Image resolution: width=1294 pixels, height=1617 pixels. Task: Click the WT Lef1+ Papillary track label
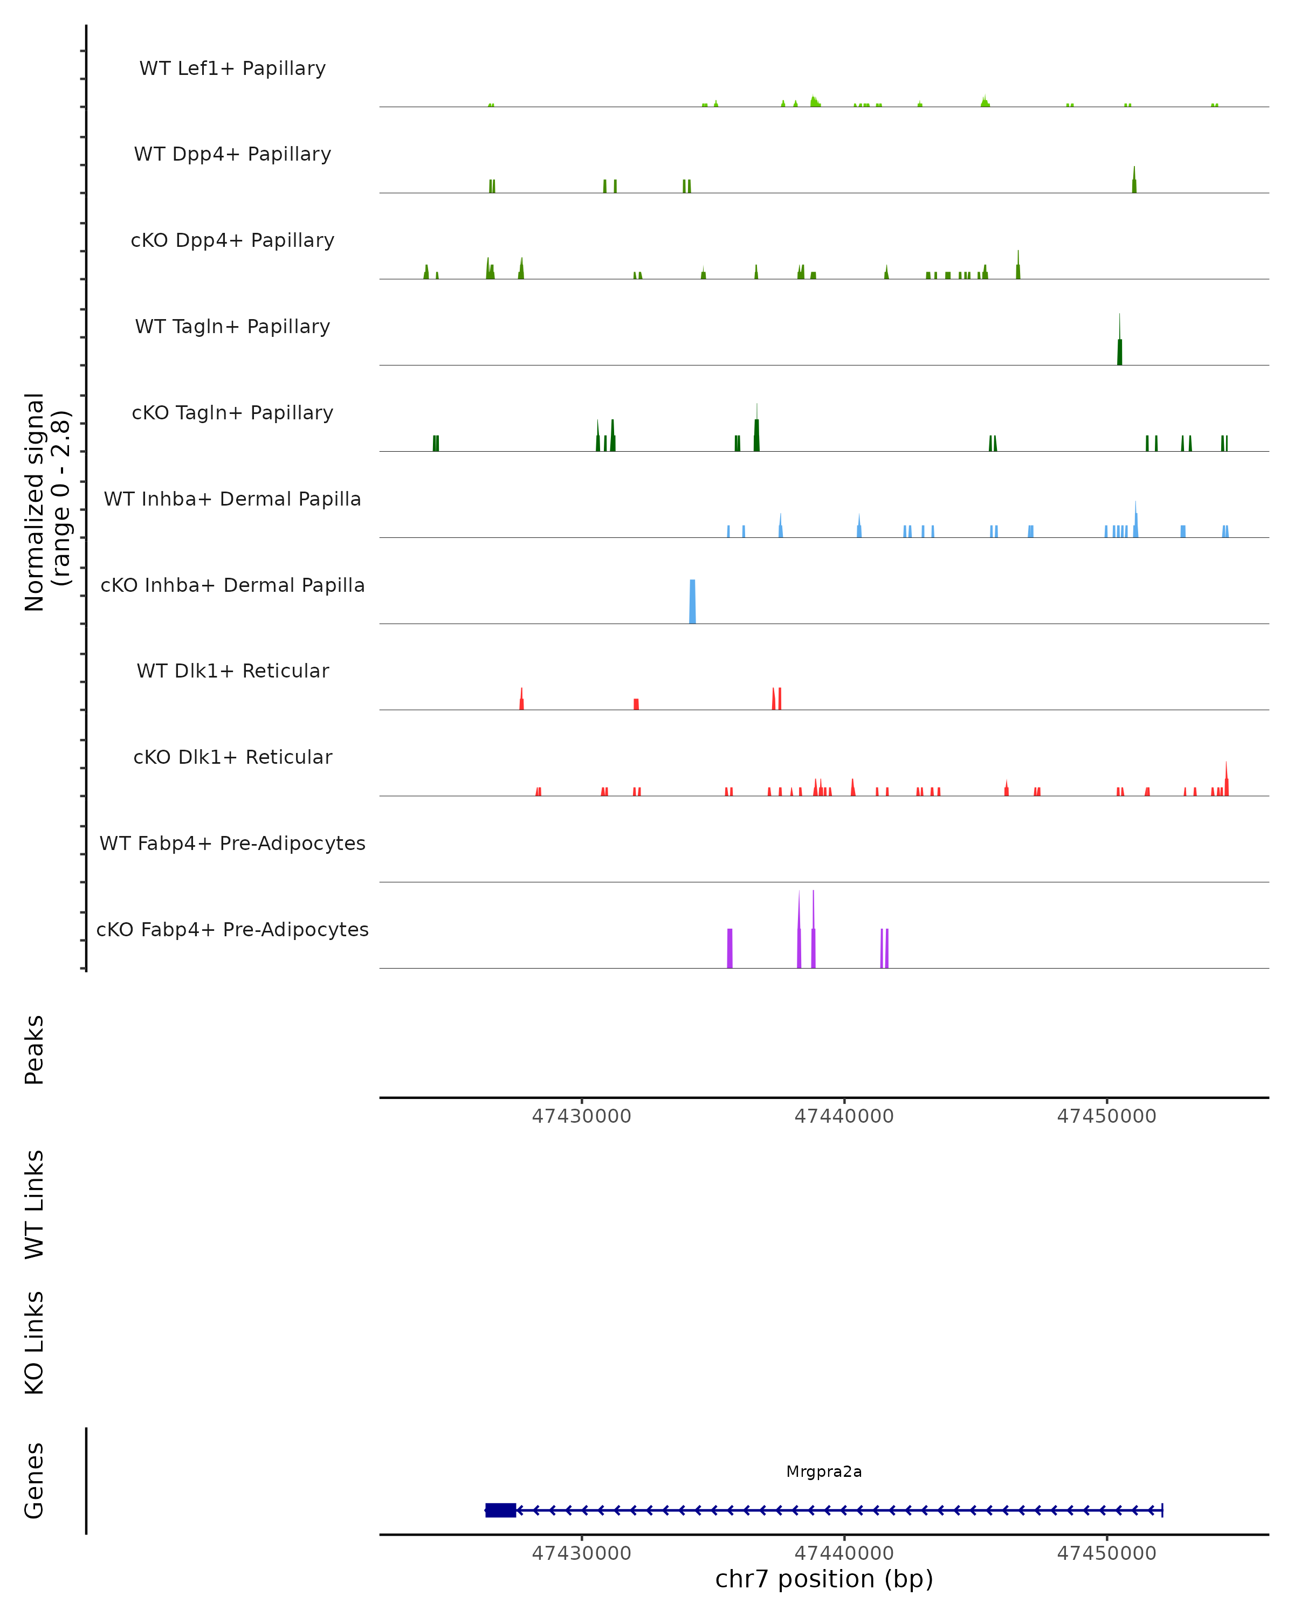click(232, 68)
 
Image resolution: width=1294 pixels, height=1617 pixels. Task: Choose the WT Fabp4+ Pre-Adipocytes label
click(232, 843)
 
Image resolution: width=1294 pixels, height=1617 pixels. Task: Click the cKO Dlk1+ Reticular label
click(232, 757)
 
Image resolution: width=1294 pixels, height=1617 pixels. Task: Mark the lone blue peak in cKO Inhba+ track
click(692, 602)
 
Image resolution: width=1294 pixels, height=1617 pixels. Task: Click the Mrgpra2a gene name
click(824, 1471)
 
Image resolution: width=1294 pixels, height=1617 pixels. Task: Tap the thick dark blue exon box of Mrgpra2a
click(500, 1510)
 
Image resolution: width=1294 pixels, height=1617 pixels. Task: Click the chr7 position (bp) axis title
click(824, 1579)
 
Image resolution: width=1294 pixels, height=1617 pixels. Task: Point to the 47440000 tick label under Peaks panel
click(844, 1116)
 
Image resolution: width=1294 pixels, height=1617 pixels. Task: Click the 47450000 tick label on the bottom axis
click(1106, 1552)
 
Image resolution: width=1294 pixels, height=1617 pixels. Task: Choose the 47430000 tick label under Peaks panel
click(581, 1116)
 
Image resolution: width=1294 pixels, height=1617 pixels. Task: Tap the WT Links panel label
click(35, 1204)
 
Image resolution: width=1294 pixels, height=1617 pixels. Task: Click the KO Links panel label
click(35, 1343)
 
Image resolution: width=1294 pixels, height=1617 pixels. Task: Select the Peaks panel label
click(35, 1049)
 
